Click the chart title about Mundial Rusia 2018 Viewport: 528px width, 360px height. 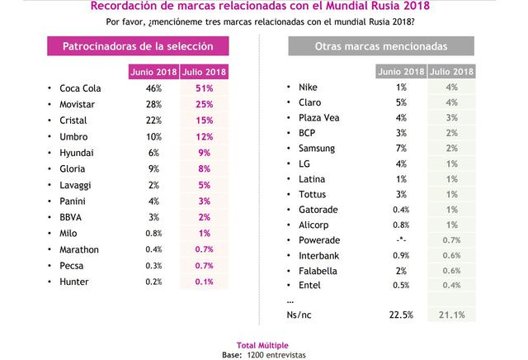[x=263, y=7]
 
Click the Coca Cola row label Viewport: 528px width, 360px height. [x=79, y=88]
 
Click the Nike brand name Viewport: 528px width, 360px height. [x=308, y=87]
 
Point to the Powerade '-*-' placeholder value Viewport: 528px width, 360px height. [x=402, y=239]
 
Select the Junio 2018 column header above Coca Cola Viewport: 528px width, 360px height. [x=153, y=72]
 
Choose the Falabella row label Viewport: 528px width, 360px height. [x=318, y=269]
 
